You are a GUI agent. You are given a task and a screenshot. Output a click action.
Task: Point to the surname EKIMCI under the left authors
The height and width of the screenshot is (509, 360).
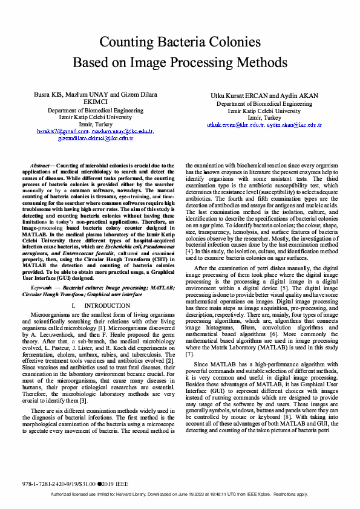point(95,103)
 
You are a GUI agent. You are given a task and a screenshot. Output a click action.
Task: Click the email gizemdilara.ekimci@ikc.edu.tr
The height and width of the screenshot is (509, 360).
point(95,138)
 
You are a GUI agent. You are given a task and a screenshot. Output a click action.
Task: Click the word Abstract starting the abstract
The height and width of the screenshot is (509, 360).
point(41,165)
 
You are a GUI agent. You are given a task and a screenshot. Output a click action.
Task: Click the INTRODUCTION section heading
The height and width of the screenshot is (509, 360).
point(103,306)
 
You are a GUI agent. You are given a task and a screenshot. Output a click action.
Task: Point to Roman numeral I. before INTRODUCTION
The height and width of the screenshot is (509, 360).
point(74,306)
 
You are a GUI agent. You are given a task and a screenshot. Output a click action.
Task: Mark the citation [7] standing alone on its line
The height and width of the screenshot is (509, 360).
point(189,337)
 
